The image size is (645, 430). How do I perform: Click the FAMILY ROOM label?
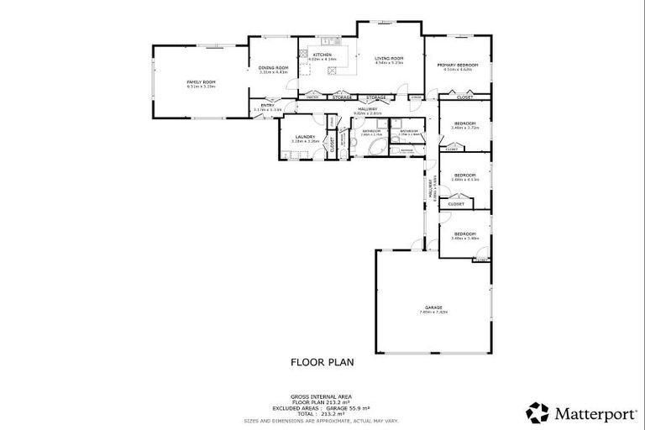click(201, 81)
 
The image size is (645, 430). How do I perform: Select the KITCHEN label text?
click(322, 55)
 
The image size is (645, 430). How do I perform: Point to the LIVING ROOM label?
click(389, 58)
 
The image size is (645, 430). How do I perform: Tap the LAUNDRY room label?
click(304, 136)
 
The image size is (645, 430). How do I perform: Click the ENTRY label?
click(267, 105)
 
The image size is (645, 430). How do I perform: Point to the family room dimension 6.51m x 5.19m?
click(201, 87)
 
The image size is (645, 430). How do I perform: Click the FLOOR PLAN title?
click(322, 363)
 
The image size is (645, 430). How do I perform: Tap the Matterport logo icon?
click(537, 412)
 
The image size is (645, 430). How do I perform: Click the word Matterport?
click(588, 413)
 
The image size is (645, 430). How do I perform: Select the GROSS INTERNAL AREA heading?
click(322, 396)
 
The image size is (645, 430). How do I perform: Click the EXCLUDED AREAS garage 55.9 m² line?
click(322, 408)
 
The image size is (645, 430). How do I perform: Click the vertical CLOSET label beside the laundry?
click(333, 144)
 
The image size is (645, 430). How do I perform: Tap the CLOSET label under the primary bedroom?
click(464, 97)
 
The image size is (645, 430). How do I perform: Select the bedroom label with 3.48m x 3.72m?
click(464, 123)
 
